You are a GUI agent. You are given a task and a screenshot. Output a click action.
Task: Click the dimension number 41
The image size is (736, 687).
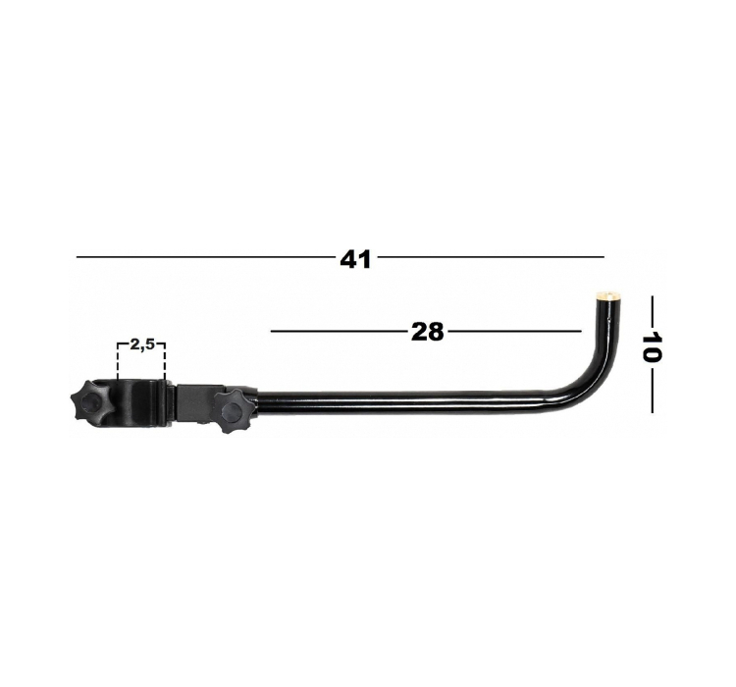pos(355,259)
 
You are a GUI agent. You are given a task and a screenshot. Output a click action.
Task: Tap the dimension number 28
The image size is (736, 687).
pos(427,332)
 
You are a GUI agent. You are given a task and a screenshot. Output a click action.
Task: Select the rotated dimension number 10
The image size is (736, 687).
pos(652,347)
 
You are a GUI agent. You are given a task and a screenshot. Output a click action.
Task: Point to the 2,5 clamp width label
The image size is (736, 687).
pos(141,344)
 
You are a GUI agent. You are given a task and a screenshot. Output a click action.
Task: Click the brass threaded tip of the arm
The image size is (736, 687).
pos(605,295)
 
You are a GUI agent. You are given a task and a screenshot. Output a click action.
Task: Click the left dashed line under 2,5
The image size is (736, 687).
pos(118,360)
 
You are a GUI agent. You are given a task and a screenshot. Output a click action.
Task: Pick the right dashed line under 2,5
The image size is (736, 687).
pos(164,360)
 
